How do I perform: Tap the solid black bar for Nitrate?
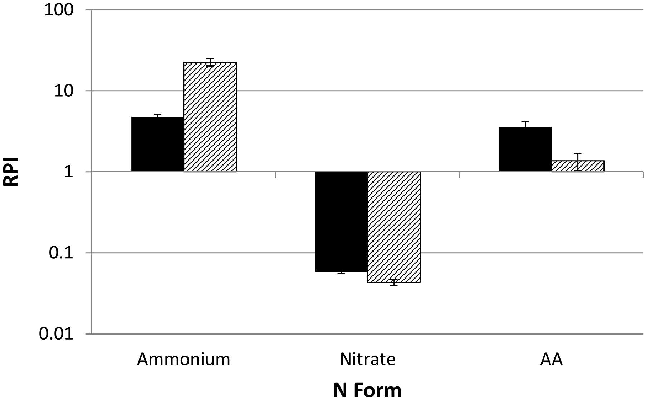click(x=341, y=221)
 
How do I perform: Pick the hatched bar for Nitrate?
click(x=394, y=227)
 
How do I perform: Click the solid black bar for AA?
click(x=525, y=149)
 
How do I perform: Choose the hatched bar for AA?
click(x=578, y=166)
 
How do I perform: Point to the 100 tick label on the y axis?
click(x=59, y=10)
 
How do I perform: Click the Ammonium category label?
click(x=183, y=359)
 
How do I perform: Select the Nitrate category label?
click(x=368, y=359)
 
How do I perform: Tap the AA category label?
click(x=552, y=359)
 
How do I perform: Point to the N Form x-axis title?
click(x=367, y=390)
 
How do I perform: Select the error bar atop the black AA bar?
click(x=525, y=125)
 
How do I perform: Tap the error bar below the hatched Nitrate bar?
click(x=394, y=282)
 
